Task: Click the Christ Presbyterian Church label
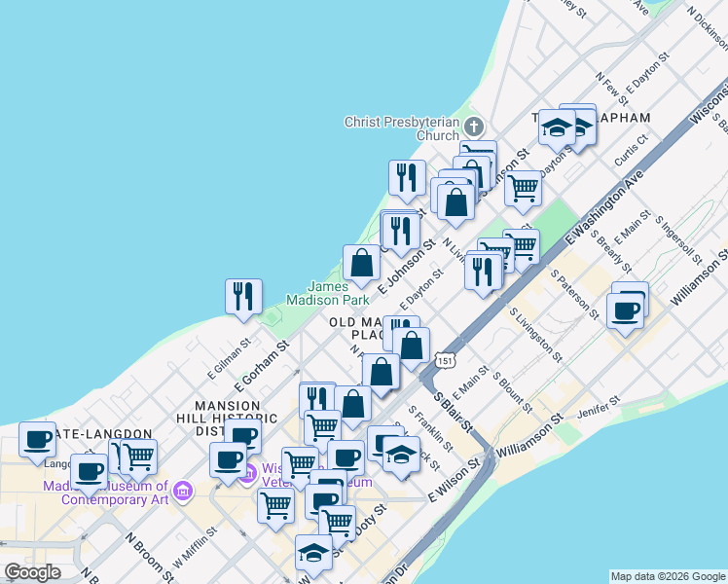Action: click(401, 128)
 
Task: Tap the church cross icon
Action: click(473, 127)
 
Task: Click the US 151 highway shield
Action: click(445, 360)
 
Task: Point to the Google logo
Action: click(32, 571)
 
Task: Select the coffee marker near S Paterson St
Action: click(624, 311)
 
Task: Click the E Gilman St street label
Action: click(230, 360)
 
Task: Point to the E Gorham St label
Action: click(262, 364)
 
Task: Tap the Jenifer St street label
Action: click(600, 408)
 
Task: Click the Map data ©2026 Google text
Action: click(667, 576)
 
